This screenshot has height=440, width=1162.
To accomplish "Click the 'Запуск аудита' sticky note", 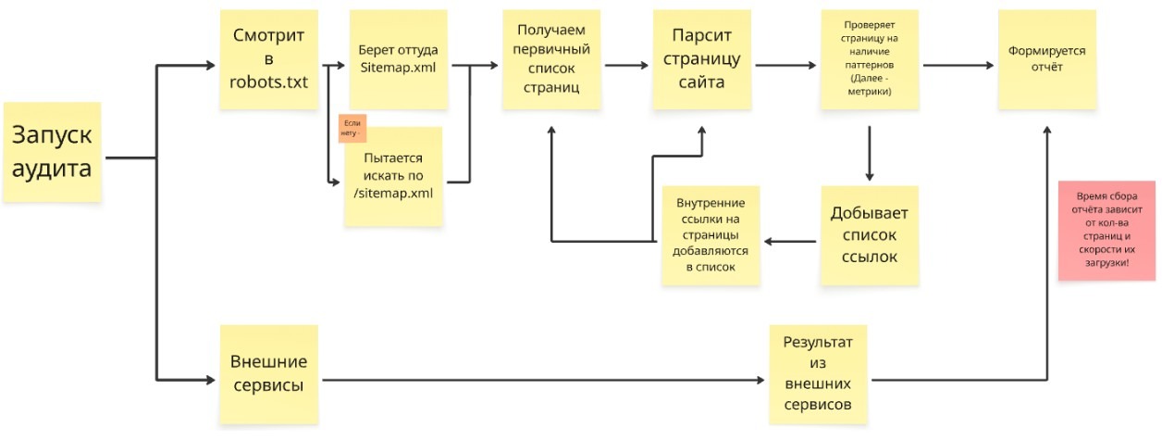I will (52, 152).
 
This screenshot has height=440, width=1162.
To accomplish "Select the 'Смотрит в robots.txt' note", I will (268, 59).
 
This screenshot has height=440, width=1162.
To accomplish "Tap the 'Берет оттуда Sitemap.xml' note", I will (398, 59).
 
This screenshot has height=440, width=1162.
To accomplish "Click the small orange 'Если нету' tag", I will (352, 128).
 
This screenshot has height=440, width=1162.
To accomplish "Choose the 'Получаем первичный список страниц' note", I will (550, 59).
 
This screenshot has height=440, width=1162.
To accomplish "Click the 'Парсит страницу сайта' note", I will (701, 59).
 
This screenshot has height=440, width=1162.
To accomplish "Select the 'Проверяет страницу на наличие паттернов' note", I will (868, 59).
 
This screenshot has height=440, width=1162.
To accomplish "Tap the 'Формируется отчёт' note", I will (1047, 59).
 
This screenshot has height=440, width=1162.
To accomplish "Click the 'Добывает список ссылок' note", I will (870, 235).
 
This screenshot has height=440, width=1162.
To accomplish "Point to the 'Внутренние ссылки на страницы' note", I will (711, 235).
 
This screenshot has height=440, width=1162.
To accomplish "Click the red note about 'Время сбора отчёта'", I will (1107, 230).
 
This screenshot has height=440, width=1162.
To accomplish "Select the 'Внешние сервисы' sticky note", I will (268, 373).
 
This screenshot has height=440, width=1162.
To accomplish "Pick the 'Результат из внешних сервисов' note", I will (818, 373).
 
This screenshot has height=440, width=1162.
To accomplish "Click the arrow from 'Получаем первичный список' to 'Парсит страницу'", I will (627, 65).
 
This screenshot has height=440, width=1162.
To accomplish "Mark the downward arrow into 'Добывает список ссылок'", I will (870, 153).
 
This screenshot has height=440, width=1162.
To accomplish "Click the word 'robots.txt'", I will (268, 82).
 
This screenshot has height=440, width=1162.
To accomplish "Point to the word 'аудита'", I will (51, 170).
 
